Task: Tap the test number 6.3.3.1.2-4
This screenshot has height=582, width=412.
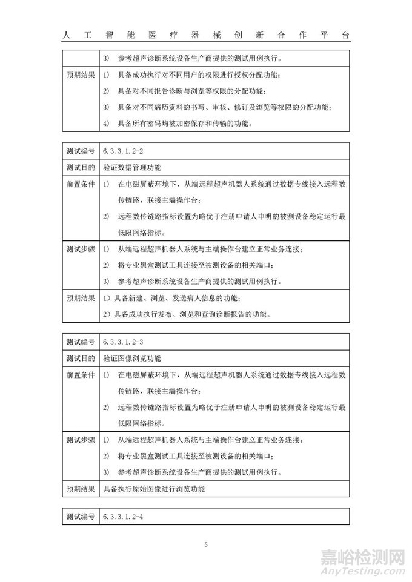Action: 122,516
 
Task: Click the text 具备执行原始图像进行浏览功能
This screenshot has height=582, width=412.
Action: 154,488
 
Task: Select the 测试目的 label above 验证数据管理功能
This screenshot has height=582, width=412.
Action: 80,166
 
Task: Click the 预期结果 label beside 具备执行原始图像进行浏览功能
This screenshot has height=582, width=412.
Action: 80,488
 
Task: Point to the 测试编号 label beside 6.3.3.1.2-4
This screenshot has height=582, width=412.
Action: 80,516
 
